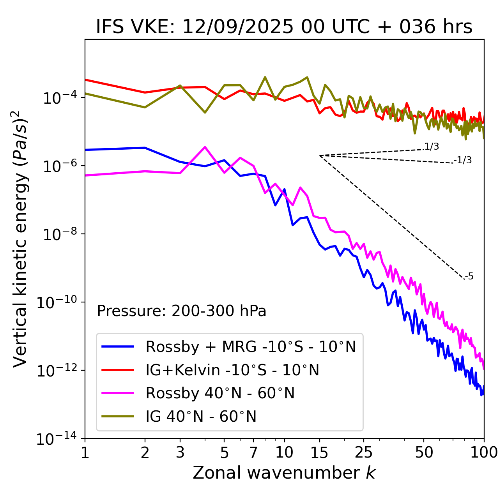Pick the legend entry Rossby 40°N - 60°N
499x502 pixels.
(x=220, y=393)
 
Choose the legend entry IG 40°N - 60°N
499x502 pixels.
(x=201, y=417)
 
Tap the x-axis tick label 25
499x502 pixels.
(x=363, y=453)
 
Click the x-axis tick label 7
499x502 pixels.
(x=253, y=453)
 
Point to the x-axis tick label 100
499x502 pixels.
(x=483, y=453)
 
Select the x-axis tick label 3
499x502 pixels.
(x=180, y=453)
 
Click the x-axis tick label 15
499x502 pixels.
(x=319, y=453)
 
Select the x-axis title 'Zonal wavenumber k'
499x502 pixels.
(x=284, y=473)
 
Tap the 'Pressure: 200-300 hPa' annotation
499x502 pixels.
(x=181, y=311)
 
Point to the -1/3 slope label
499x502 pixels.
(x=463, y=160)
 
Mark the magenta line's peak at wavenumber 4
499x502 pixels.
(x=205, y=147)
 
